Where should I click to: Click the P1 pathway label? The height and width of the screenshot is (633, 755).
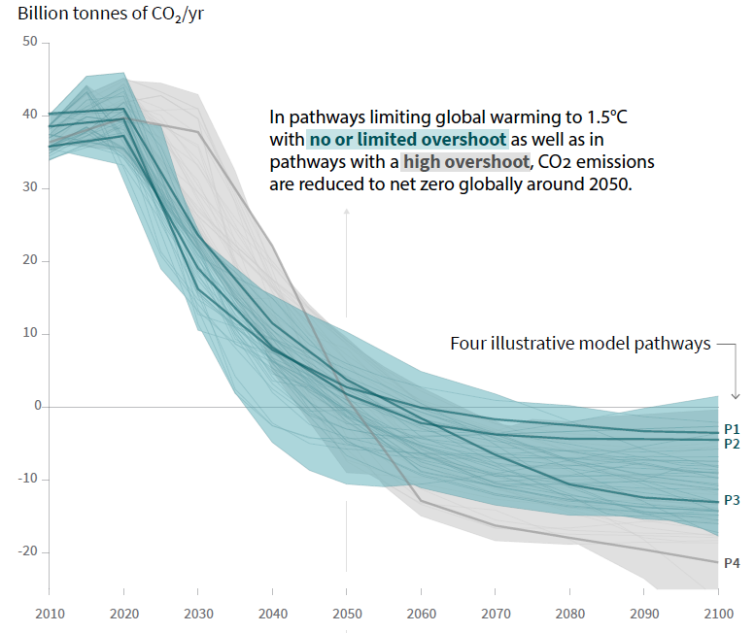click(733, 428)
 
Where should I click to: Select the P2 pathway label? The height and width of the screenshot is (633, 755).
click(733, 442)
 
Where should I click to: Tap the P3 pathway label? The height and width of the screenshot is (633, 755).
click(733, 500)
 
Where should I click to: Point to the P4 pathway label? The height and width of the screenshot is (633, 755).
click(733, 562)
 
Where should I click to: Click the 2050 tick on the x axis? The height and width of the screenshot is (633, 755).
click(346, 615)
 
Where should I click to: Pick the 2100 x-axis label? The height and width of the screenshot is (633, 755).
click(717, 615)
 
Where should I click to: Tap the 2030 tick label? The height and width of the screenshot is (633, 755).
click(197, 615)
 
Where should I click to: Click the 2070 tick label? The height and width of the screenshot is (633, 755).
click(495, 615)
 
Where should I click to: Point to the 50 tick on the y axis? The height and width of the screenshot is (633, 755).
click(29, 42)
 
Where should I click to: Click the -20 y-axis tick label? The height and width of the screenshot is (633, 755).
click(26, 551)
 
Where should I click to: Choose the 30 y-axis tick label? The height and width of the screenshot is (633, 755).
click(29, 187)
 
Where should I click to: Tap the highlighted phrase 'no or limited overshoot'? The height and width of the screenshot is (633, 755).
click(408, 139)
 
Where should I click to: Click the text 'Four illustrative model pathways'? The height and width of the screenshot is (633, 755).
click(581, 344)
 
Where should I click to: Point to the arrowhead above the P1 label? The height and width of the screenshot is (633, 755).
click(735, 394)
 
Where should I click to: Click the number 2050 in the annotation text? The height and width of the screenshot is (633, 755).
click(610, 184)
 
